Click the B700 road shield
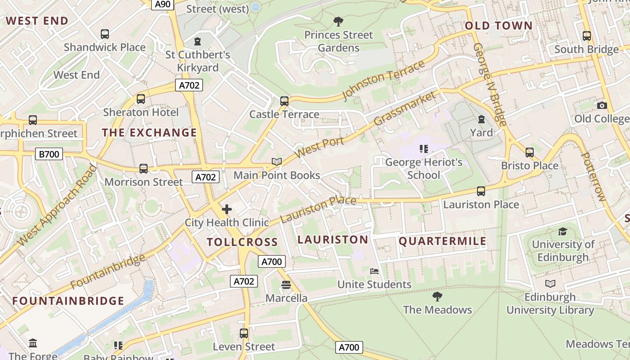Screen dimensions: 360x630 click(49, 154)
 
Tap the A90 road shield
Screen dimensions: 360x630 click(162, 4)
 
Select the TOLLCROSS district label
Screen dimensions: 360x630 click(242, 242)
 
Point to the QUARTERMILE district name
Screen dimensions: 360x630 click(443, 241)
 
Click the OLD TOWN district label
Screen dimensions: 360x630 click(499, 26)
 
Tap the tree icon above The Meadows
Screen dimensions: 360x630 click(437, 296)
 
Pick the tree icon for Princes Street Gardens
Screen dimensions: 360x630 click(338, 21)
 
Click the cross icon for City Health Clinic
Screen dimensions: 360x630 click(227, 209)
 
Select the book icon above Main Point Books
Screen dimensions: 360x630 click(277, 162)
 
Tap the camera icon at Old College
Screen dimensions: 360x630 click(602, 105)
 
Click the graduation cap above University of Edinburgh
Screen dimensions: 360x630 click(562, 231)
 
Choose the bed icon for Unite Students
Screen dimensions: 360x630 click(374, 271)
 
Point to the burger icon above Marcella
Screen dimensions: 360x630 click(286, 284)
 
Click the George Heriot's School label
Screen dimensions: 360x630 click(423, 168)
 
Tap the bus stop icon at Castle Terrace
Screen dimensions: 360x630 click(284, 101)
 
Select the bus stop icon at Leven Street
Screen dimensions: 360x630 click(244, 333)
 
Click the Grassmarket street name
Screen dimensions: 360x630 click(405, 109)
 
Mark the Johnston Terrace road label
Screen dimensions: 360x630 click(384, 80)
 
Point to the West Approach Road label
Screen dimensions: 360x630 click(57, 206)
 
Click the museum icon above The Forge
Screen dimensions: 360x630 click(33, 343)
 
